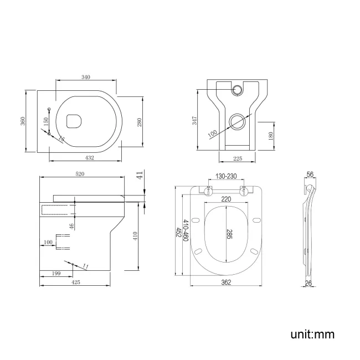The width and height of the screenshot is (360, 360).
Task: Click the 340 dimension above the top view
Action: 85,77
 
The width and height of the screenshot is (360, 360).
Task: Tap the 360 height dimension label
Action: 23,121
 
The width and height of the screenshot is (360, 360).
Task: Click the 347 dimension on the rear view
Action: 195,121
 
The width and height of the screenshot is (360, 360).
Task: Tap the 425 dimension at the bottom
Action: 76,282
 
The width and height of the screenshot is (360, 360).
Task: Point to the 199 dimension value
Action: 55,272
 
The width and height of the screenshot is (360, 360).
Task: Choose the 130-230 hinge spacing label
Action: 225,177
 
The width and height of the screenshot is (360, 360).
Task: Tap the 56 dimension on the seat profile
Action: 310,174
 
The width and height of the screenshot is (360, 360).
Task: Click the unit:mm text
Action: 312,334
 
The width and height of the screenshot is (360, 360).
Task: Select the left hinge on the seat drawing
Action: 208,192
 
